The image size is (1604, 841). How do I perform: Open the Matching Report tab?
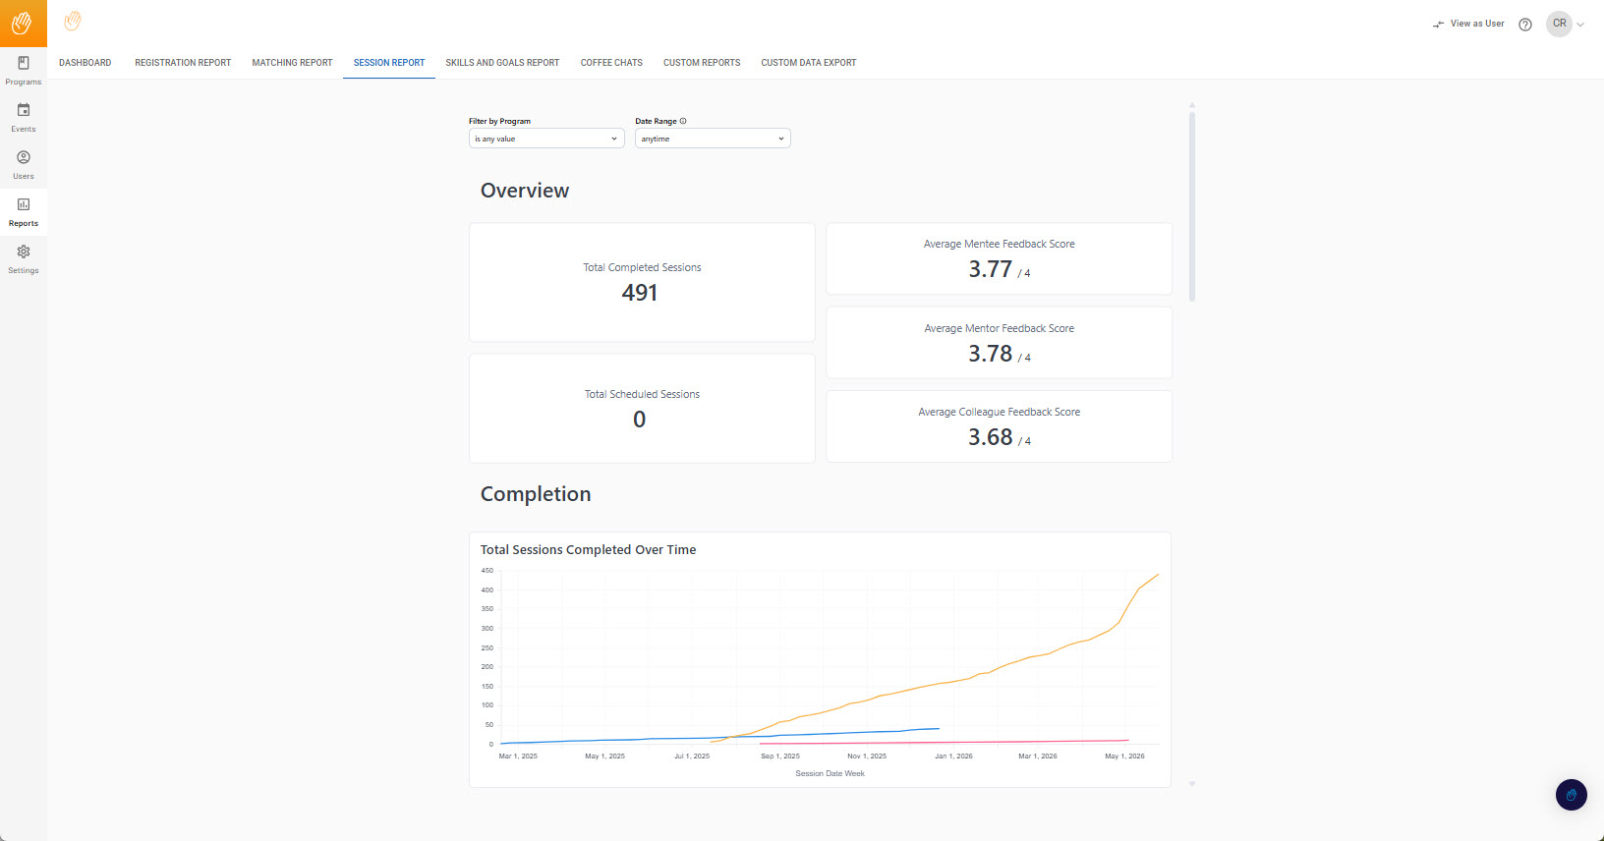(x=292, y=62)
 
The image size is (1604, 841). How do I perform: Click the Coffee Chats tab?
(x=610, y=62)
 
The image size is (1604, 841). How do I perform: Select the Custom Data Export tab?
(x=808, y=62)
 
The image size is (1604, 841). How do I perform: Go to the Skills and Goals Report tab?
(x=502, y=62)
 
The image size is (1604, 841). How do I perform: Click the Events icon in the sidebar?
(x=24, y=110)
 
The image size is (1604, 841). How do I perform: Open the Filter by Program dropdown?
(x=546, y=139)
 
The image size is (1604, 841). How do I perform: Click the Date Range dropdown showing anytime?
(x=713, y=139)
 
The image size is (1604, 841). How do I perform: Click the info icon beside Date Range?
(x=683, y=121)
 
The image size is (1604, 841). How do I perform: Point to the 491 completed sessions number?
(x=639, y=293)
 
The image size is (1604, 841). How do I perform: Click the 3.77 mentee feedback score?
(x=990, y=269)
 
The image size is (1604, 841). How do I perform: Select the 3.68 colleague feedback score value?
(x=990, y=437)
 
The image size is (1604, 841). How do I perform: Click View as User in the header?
(x=1468, y=24)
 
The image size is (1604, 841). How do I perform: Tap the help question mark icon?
(x=1525, y=25)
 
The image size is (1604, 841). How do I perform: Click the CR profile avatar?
(x=1559, y=24)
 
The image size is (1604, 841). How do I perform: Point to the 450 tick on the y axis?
(x=487, y=571)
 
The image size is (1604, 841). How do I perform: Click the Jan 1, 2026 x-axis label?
(x=953, y=756)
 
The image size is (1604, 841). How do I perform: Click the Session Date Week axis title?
(x=830, y=773)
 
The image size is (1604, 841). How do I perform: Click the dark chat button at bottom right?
(x=1571, y=795)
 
